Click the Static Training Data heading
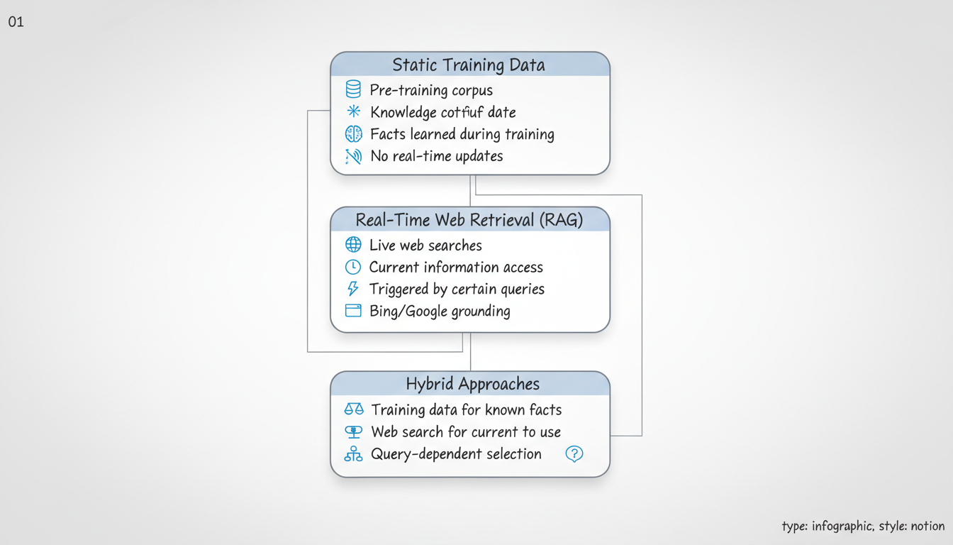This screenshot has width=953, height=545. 469,65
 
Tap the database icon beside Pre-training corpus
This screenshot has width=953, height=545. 353,89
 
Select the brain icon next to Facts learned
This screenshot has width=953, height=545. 353,133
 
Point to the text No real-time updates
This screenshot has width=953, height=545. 436,156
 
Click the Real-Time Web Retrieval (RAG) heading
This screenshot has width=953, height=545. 469,220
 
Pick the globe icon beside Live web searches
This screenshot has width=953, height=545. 353,245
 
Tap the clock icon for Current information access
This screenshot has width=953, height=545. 353,267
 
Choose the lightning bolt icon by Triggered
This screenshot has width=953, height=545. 353,289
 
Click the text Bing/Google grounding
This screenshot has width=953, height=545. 439,311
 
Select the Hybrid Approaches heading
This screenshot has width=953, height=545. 472,384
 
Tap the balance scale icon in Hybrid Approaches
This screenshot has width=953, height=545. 353,409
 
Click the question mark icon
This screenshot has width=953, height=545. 574,454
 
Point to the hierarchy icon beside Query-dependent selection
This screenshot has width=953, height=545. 353,454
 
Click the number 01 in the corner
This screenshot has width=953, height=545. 16,22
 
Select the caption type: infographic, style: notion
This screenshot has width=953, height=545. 863,526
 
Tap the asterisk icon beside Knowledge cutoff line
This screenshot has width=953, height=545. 353,111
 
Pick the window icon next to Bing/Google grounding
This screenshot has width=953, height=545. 353,311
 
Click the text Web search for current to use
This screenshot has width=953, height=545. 466,431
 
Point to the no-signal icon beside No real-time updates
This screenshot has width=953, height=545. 353,156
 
